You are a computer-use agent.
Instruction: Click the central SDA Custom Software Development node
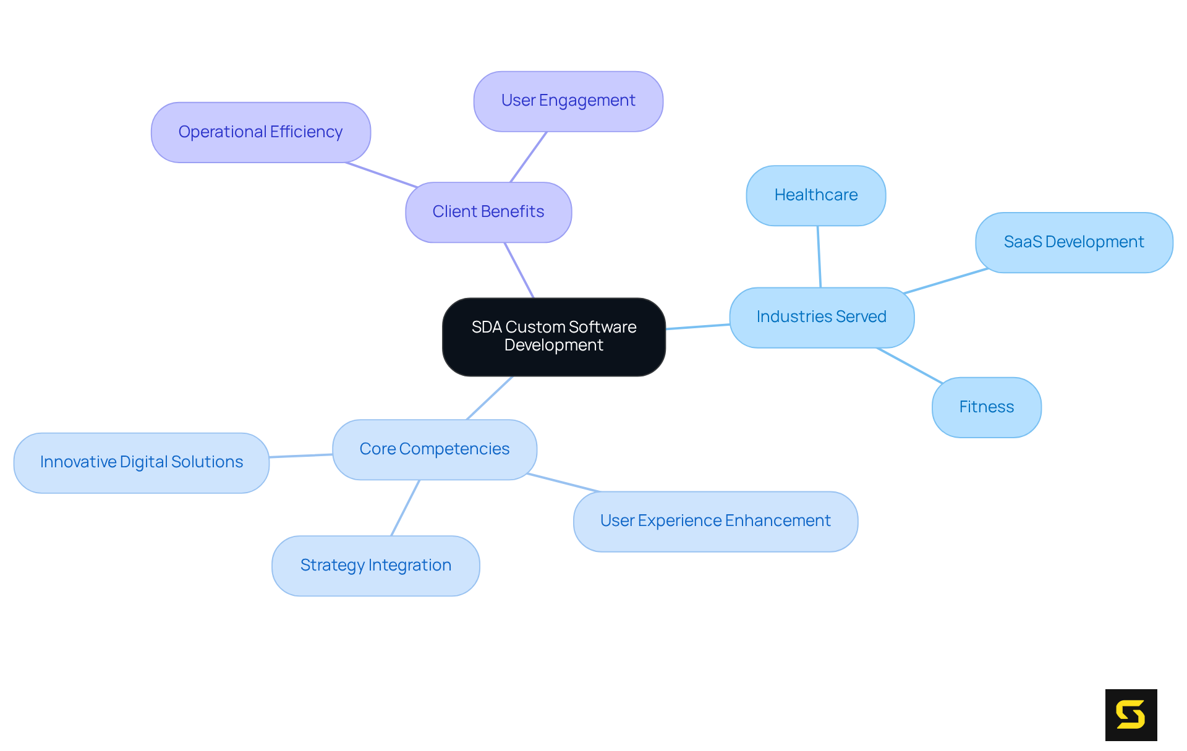pyautogui.click(x=553, y=336)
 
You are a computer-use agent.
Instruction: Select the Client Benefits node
pyautogui.click(x=488, y=212)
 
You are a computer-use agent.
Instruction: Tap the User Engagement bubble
pyautogui.click(x=568, y=101)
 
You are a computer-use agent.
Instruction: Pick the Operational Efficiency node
pyautogui.click(x=260, y=132)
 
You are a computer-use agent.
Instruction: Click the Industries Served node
pyautogui.click(x=821, y=317)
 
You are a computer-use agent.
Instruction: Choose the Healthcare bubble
pyautogui.click(x=815, y=195)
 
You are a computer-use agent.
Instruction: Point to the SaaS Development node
pyautogui.click(x=1073, y=242)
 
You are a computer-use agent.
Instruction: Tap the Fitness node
pyautogui.click(x=986, y=407)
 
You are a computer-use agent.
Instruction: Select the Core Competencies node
pyautogui.click(x=434, y=449)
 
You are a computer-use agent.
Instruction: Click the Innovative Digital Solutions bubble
pyautogui.click(x=141, y=462)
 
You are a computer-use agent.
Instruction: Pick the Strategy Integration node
pyautogui.click(x=375, y=566)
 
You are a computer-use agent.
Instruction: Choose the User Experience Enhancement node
pyautogui.click(x=715, y=521)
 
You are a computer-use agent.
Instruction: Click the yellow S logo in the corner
pyautogui.click(x=1131, y=715)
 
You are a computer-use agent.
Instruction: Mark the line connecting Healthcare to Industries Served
pyautogui.click(x=819, y=257)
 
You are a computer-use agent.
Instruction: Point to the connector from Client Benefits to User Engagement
pyautogui.click(x=529, y=157)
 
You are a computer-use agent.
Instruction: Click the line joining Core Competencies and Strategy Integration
pyautogui.click(x=406, y=507)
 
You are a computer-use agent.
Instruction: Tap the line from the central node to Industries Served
pyautogui.click(x=697, y=326)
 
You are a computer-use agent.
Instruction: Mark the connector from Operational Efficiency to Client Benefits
pyautogui.click(x=381, y=175)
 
